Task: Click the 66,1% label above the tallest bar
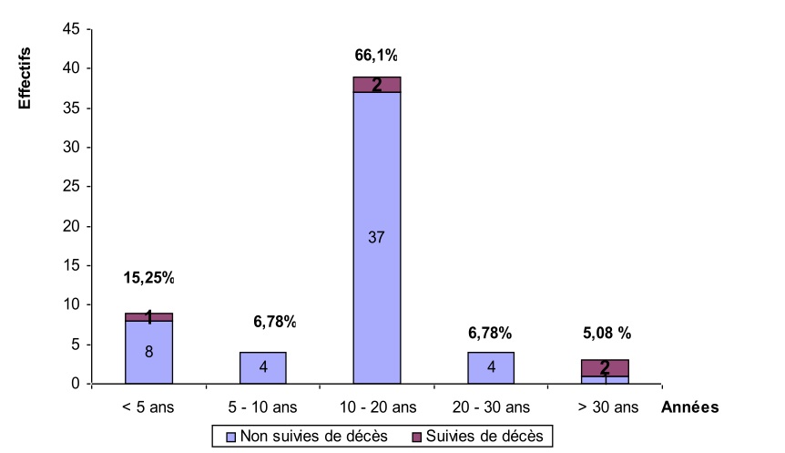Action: click(376, 56)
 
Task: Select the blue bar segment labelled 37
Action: click(376, 237)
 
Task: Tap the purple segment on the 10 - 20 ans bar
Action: click(376, 85)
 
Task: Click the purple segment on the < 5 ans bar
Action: click(148, 317)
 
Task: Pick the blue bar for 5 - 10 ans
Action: click(263, 367)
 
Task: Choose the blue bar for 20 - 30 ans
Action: click(491, 367)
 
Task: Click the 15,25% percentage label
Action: click(148, 277)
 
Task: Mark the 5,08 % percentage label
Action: click(607, 333)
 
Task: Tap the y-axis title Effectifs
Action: click(25, 79)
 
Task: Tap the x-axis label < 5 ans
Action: click(148, 407)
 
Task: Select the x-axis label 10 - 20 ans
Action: click(376, 407)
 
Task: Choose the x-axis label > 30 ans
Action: click(606, 407)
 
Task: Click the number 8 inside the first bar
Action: click(148, 350)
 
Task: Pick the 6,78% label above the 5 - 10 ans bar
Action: click(274, 321)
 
